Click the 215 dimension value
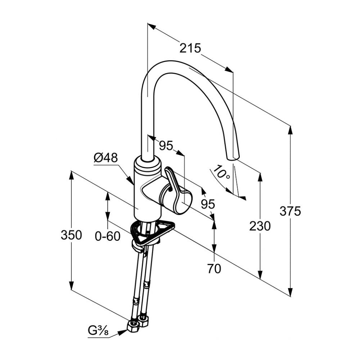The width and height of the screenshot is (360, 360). click(190, 48)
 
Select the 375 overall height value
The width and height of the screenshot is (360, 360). click(290, 211)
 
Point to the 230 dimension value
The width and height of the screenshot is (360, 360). click(260, 226)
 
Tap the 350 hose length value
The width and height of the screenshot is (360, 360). click(71, 235)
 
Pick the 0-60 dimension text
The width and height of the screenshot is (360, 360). click(107, 236)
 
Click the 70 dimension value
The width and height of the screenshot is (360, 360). click(214, 269)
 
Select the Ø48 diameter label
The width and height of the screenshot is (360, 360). click(106, 158)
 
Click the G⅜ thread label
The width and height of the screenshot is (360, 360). click(98, 330)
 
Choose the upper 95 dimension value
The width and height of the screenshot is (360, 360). click(166, 145)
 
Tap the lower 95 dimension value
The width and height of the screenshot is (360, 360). click(208, 204)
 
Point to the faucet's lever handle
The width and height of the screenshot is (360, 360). click(176, 191)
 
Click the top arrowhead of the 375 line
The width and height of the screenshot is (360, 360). click(291, 129)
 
